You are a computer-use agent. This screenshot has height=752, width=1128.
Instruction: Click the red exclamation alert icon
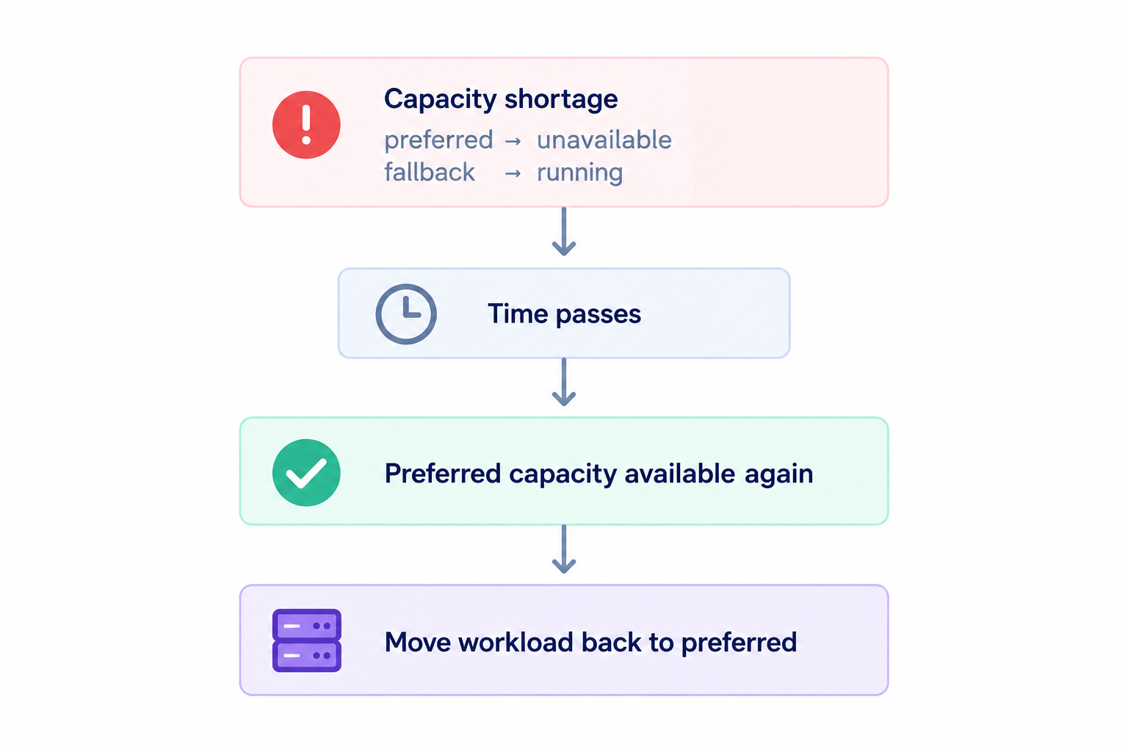click(x=306, y=125)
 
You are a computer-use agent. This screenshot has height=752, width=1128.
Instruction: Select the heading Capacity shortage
click(x=501, y=99)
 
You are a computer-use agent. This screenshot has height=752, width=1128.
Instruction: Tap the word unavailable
click(x=604, y=140)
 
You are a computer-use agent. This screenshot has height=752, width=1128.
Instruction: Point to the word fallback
click(x=430, y=173)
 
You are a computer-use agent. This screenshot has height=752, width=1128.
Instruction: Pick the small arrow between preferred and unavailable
click(x=513, y=142)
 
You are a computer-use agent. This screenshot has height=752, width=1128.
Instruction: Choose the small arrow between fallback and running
click(x=513, y=174)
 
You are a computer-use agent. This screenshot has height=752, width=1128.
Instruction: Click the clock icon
click(x=406, y=314)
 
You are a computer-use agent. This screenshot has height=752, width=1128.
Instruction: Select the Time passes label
click(x=564, y=314)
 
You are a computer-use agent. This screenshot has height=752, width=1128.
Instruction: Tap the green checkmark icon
click(x=306, y=472)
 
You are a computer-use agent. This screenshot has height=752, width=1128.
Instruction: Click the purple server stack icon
click(x=307, y=640)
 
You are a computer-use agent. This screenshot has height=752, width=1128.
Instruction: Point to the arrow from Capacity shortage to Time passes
click(x=564, y=231)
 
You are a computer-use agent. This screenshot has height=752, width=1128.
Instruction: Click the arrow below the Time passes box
click(x=564, y=382)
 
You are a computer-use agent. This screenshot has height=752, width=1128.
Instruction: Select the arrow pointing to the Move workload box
click(x=564, y=549)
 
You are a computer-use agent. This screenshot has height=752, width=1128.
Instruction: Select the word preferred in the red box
click(x=438, y=140)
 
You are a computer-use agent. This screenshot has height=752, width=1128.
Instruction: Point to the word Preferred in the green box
click(x=443, y=474)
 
